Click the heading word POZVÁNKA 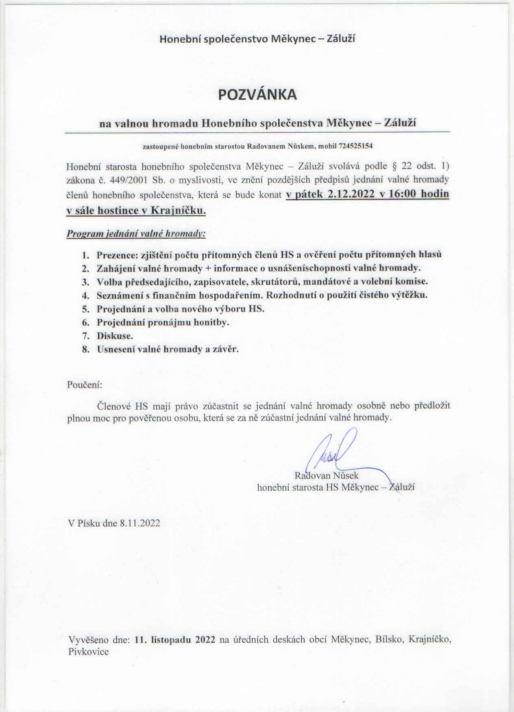[x=257, y=95]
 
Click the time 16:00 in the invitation [x=402, y=194]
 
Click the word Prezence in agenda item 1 [x=117, y=255]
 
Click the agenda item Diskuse [x=115, y=336]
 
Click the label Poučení [x=84, y=384]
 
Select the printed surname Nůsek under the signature [x=346, y=475]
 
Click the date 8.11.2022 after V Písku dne [x=139, y=523]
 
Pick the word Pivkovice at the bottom [x=89, y=652]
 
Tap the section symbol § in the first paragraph [x=393, y=166]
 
